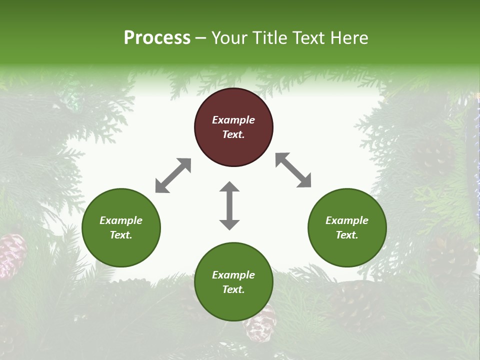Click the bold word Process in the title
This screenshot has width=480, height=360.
(x=157, y=38)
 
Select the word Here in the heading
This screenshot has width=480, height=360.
(x=349, y=38)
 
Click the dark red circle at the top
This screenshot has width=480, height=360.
(x=233, y=127)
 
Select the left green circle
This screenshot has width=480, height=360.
(x=121, y=228)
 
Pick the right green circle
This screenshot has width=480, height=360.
(x=347, y=228)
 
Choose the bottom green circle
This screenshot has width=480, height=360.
(x=233, y=282)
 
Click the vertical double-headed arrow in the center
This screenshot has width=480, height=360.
(x=229, y=205)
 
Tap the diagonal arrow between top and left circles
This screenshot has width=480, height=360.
(x=173, y=175)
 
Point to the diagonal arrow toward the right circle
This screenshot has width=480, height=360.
(x=293, y=170)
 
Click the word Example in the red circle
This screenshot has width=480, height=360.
(x=233, y=120)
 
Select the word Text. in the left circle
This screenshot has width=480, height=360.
(x=121, y=235)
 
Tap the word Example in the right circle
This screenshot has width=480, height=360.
(x=347, y=220)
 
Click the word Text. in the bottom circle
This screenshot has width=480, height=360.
(x=233, y=289)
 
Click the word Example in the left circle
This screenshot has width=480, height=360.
(x=121, y=220)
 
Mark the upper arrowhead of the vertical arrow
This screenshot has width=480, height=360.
(x=229, y=187)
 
